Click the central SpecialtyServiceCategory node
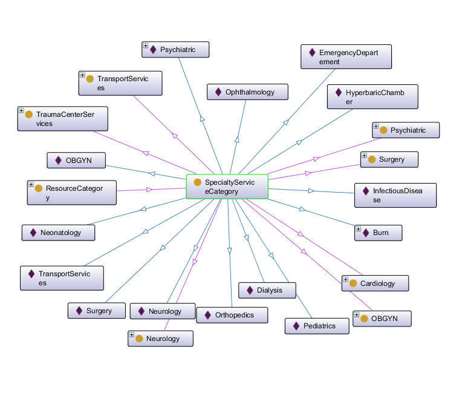[227, 187]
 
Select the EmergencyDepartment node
[347, 57]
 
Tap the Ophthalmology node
[247, 92]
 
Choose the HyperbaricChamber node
[373, 97]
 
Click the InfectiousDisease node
[396, 195]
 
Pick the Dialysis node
[267, 290]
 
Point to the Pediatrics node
[318, 326]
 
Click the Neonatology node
[59, 232]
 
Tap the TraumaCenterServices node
[63, 119]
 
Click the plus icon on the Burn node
[359, 230]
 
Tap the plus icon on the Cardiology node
[345, 280]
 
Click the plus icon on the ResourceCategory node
[31, 184]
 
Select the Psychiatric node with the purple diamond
[175, 50]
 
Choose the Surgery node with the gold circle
[389, 159]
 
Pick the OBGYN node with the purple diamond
[77, 161]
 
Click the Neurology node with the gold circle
[161, 339]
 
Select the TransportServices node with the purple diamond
[62, 278]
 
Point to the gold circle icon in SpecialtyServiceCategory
[198, 182]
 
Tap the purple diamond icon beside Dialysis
[250, 290]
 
